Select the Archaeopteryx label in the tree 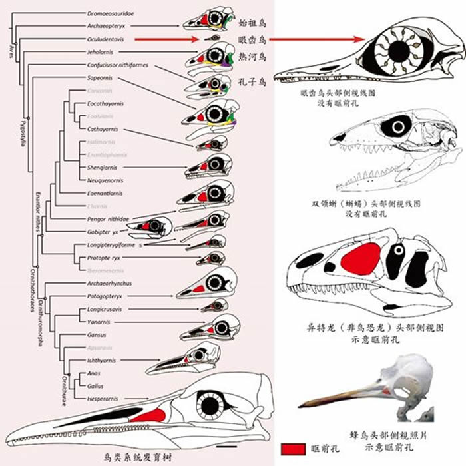click(105, 26)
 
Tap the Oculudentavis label click(105, 39)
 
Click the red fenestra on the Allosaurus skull click(359, 256)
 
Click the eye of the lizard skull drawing click(399, 126)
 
